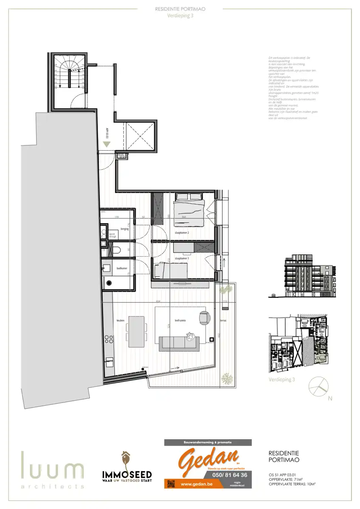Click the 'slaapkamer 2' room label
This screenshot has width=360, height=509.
pos(181,233)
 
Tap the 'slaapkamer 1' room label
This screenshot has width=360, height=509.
pos(181,258)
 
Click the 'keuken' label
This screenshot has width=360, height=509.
pos(120,321)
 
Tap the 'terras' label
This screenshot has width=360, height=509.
pos(223,321)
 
